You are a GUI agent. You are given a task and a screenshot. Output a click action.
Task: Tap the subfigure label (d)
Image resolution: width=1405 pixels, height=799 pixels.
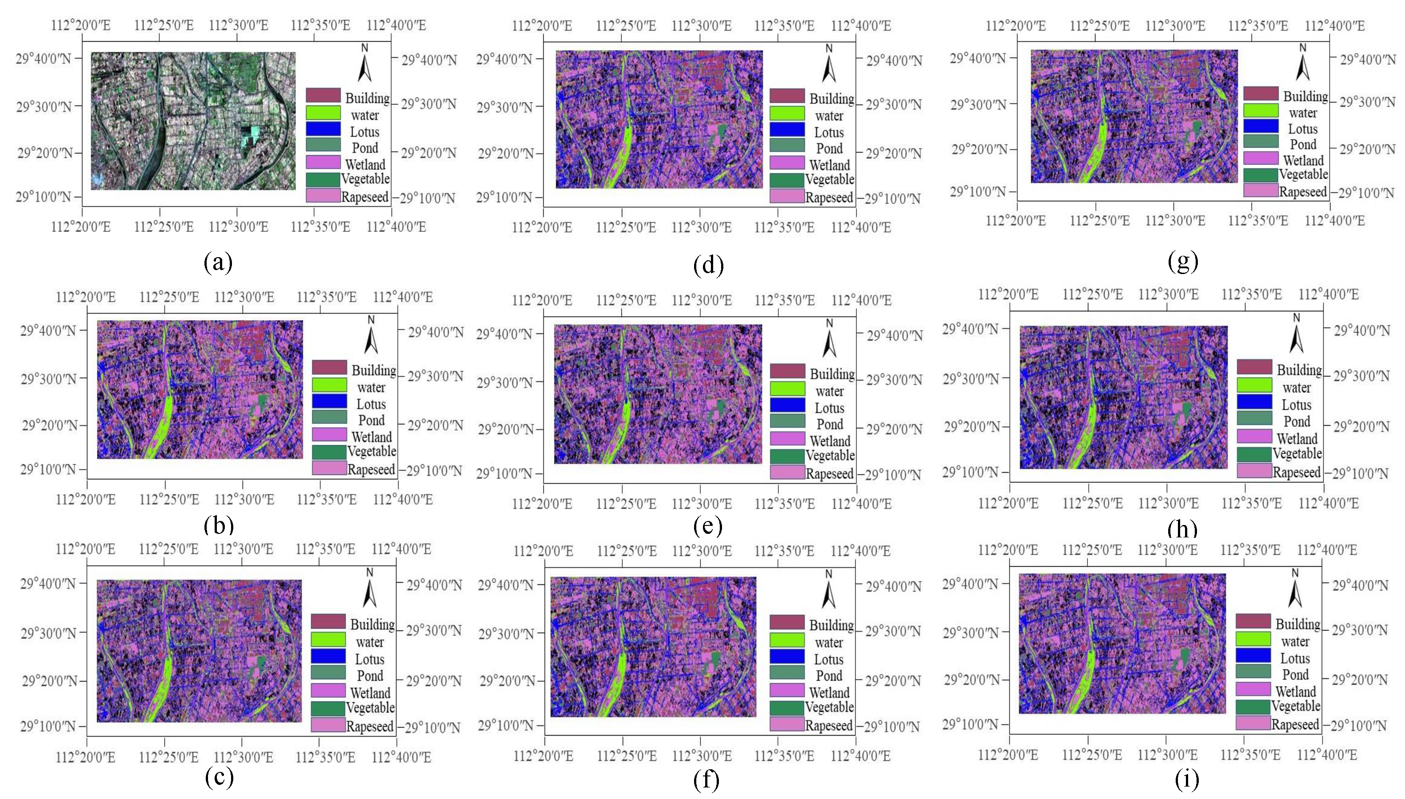click(708, 265)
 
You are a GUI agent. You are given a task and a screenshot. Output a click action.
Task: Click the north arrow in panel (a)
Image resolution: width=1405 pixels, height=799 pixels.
click(365, 64)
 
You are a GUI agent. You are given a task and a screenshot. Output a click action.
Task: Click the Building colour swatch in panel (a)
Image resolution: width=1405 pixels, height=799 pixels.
click(323, 95)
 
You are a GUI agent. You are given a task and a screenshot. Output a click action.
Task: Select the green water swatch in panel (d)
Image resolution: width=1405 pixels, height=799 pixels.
click(787, 113)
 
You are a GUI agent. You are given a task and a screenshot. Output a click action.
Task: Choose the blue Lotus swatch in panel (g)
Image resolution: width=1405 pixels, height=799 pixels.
click(1261, 125)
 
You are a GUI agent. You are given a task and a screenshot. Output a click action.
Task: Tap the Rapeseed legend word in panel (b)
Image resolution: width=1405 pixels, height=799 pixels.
click(371, 470)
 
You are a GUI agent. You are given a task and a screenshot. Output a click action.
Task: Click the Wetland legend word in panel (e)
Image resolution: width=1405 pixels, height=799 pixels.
click(830, 441)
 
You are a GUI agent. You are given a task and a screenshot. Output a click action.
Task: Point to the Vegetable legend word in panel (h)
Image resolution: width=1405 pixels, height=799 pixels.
click(1297, 454)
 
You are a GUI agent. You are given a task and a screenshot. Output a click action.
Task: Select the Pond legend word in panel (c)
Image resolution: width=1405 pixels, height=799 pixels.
click(370, 676)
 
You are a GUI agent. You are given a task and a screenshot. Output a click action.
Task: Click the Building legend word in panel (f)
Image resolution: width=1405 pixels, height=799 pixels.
click(832, 625)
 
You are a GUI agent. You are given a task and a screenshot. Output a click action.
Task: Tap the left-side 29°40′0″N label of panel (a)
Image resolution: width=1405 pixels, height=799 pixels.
click(44, 58)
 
